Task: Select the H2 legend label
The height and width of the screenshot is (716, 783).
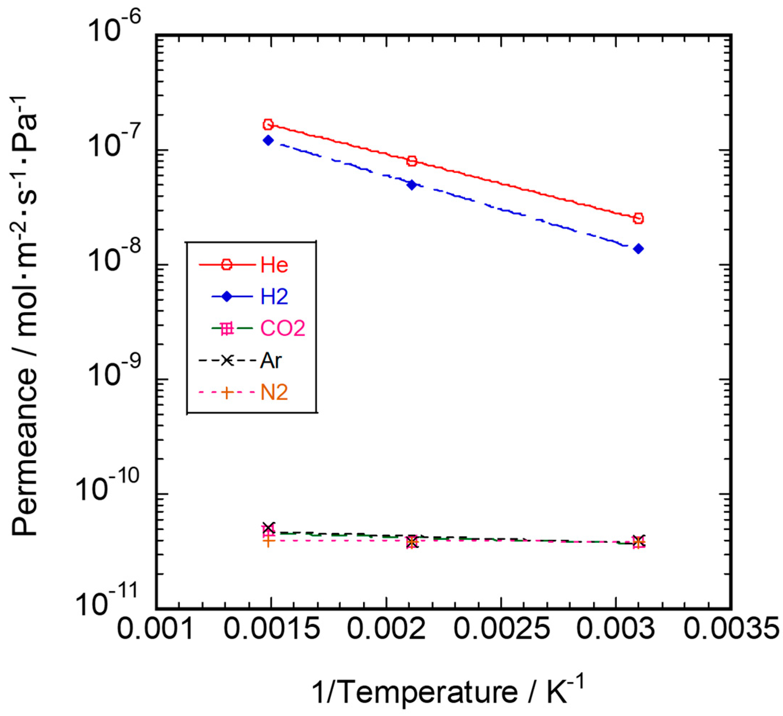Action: click(x=274, y=297)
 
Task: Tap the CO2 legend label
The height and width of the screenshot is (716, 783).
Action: click(x=283, y=329)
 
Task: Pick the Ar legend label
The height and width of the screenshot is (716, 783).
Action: click(x=271, y=361)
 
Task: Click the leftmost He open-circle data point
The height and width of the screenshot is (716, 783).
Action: click(x=268, y=125)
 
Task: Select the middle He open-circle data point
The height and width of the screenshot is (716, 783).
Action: click(x=412, y=161)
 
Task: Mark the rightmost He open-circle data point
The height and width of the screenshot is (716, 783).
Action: click(x=638, y=219)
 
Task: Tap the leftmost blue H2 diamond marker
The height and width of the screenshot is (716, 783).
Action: click(x=268, y=140)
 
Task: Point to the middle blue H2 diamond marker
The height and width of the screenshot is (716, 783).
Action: click(x=412, y=185)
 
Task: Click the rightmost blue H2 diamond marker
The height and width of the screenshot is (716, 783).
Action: click(x=638, y=248)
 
